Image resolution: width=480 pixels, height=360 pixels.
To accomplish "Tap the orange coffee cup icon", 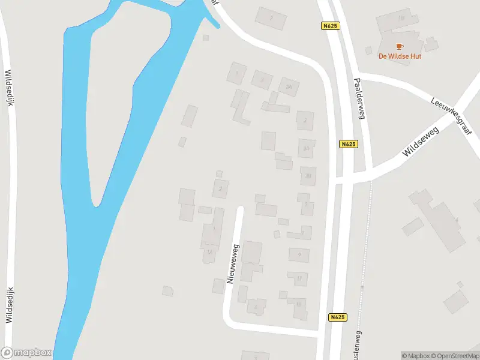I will [x=399, y=46].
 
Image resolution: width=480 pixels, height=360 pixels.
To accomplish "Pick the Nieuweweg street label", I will [x=233, y=263].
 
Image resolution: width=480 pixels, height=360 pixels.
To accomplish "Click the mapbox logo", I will [x=26, y=353].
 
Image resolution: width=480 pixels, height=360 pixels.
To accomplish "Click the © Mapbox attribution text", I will [x=415, y=356].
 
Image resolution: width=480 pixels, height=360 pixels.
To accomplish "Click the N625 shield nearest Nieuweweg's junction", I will [x=338, y=317].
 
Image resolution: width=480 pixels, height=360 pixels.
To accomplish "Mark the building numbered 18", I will [x=401, y=18].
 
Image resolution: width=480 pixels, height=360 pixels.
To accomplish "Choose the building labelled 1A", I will [x=209, y=254].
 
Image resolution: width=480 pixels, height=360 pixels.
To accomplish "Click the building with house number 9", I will [x=299, y=254].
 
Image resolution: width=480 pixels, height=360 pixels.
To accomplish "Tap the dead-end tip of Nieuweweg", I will [x=241, y=209].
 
